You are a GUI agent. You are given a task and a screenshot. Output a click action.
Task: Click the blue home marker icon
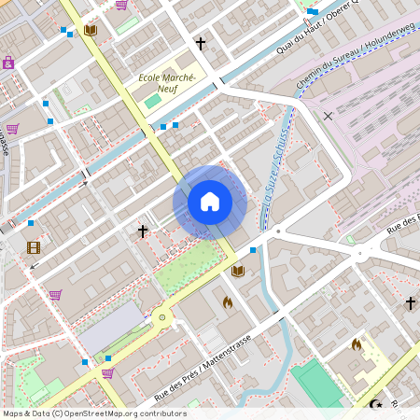click(x=210, y=202)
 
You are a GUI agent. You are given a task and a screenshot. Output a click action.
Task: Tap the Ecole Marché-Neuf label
click(x=166, y=83)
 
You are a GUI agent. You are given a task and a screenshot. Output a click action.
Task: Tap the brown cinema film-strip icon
click(x=35, y=247)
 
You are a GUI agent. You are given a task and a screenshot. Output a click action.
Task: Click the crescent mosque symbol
click(x=377, y=405)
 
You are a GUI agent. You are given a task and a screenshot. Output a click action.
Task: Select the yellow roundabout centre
click(x=163, y=318)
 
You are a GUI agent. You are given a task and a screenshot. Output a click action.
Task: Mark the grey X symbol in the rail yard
click(x=328, y=116)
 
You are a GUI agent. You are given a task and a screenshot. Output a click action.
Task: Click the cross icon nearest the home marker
click(x=143, y=230)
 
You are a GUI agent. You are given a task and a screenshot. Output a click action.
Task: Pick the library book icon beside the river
click(x=238, y=271)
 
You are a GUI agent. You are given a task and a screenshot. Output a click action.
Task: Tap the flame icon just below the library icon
click(x=227, y=301)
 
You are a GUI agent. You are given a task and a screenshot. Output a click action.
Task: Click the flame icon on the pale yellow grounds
click(x=356, y=343)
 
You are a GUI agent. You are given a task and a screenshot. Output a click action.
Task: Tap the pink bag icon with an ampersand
click(x=8, y=63)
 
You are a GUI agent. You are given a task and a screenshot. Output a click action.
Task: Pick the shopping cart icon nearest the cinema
click(x=55, y=294)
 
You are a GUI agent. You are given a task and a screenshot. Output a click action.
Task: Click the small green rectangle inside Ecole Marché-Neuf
click(x=151, y=100)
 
